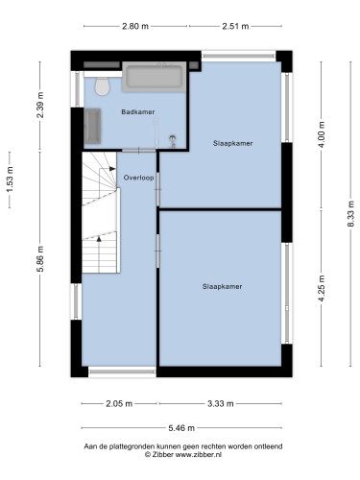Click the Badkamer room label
coord(138,112)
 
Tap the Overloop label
coord(138,178)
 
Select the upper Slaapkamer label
coord(233,143)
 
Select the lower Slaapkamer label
coord(222,286)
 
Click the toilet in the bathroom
coord(103,85)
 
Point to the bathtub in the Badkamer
coord(154,77)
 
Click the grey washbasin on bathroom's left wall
coord(92,126)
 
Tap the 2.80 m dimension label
coord(135,26)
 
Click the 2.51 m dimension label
coord(235,26)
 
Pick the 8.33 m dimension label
coord(350,213)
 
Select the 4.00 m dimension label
coord(322,134)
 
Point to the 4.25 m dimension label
coord(322,288)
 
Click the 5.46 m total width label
coord(181,428)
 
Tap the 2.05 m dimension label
coord(119,404)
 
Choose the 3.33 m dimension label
coord(221,404)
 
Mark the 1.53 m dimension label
coord(10,180)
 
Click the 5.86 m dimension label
coord(40,259)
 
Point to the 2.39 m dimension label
coord(40,105)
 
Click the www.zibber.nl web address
coord(199,454)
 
